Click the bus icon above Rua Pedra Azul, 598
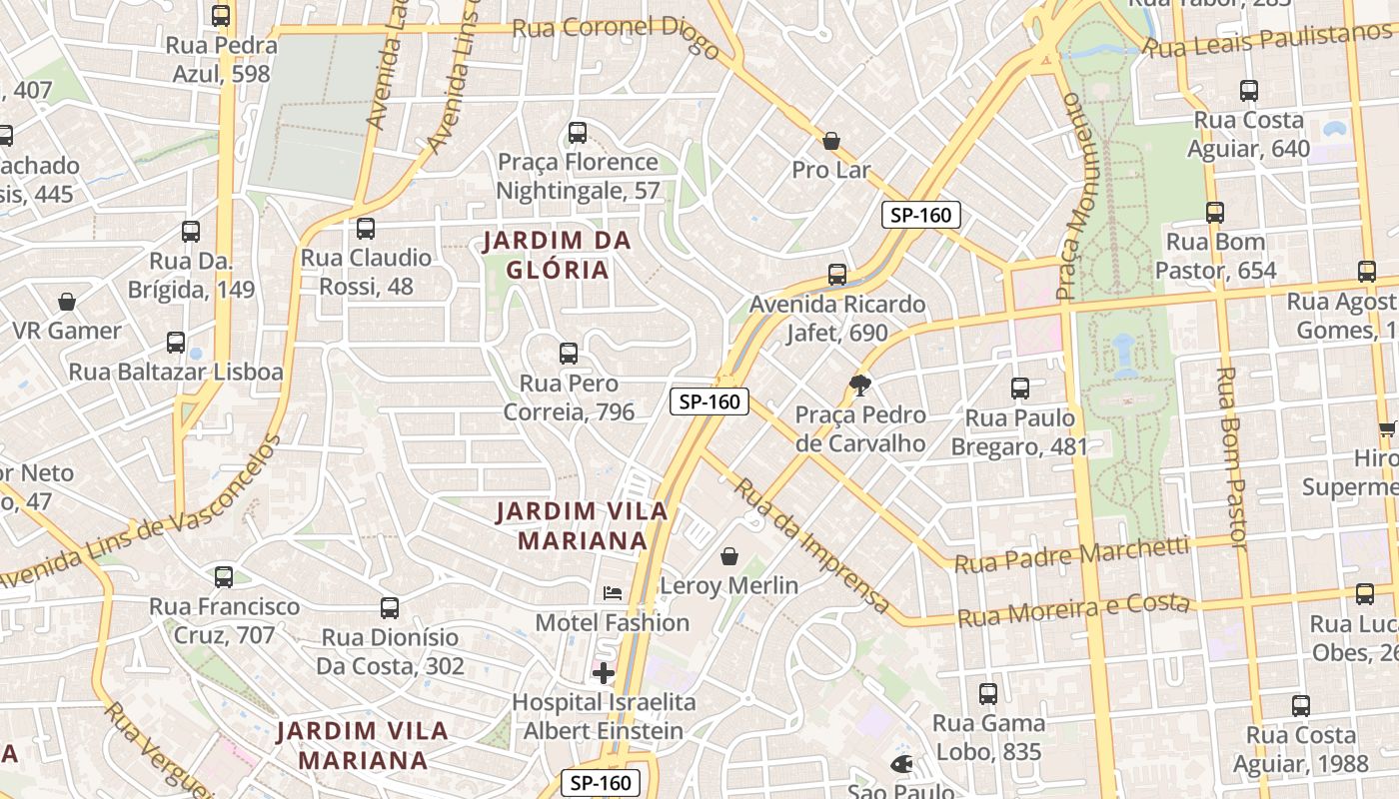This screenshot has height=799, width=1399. (x=221, y=16)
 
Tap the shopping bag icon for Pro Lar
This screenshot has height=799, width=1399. (x=830, y=142)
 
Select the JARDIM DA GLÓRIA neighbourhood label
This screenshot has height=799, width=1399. (x=558, y=256)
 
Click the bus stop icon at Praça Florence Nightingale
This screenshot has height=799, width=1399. (x=577, y=133)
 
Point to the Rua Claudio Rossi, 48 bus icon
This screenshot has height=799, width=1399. (x=366, y=229)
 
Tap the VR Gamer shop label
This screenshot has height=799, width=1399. (x=67, y=331)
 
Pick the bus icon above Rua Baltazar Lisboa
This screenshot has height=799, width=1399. (x=176, y=343)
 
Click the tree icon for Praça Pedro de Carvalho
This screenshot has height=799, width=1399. (x=859, y=386)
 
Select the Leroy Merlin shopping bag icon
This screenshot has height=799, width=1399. (x=729, y=556)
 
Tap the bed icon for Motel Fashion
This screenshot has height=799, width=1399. (x=613, y=593)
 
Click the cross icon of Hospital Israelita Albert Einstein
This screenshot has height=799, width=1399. (x=604, y=673)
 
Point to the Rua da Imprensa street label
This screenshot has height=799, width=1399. (x=810, y=545)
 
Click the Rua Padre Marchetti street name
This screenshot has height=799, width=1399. (x=1071, y=555)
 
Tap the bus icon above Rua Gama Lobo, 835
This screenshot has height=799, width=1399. (x=988, y=694)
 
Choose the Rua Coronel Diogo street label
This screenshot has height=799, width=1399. (x=616, y=35)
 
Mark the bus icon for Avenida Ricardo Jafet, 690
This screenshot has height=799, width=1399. (x=837, y=275)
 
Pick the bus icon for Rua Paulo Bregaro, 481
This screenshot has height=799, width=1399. (x=1019, y=389)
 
